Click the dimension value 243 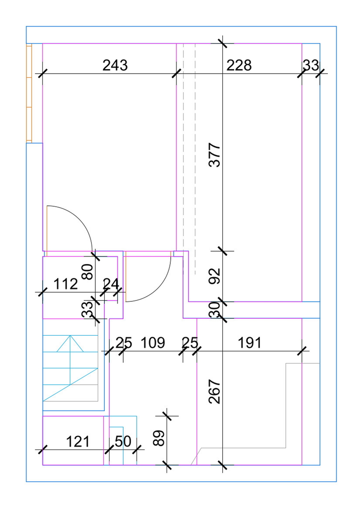115,65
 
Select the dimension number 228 239,65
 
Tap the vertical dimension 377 214,155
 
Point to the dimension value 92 214,276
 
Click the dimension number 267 214,391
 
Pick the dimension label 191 250,343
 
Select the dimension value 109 153,343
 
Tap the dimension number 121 78,442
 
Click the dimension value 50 123,442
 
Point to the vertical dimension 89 159,438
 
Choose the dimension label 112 65,284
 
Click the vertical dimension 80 88,272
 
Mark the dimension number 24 111,284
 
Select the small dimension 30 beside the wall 214,309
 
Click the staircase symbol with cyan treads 70,368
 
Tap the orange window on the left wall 29,93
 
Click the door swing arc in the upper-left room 69,229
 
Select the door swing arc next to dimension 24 148,277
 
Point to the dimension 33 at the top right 311,65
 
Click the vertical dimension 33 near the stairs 87,310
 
